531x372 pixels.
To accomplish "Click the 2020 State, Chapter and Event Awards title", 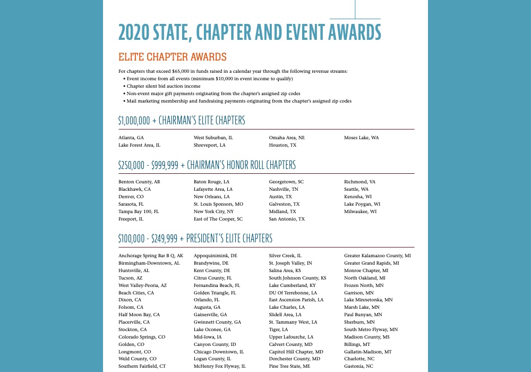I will (250, 32).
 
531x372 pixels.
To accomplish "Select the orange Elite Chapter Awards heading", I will (173, 57).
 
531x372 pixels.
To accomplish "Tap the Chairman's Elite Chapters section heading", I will (182, 121).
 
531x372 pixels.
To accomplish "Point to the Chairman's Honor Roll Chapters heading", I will (207, 165).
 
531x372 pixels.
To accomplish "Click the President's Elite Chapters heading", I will (195, 238).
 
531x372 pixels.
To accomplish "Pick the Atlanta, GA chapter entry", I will (131, 138).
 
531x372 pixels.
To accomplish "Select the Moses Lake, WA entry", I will (362, 138).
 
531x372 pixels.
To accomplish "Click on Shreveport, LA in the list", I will (210, 145).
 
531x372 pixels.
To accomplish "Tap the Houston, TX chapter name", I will (282, 145).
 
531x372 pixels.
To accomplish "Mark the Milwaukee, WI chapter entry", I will (361, 212).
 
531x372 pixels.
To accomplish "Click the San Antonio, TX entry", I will (287, 219).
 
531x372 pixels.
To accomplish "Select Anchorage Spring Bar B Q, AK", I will (151, 256).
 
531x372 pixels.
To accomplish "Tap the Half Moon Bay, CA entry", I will (139, 315).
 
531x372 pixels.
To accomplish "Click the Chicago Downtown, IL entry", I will (219, 352).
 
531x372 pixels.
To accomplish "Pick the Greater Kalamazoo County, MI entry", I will (378, 256).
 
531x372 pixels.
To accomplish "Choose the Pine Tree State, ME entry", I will (289, 366).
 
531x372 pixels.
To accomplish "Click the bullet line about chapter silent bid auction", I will (163, 86).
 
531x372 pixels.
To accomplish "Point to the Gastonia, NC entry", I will (359, 366).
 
